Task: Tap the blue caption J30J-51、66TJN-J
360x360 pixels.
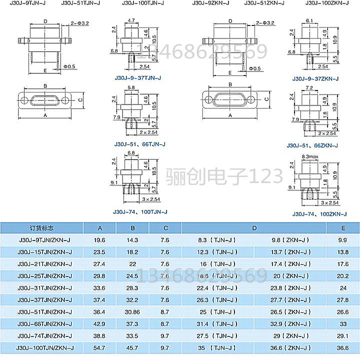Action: click(139, 144)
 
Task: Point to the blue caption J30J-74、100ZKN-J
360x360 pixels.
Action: click(319, 214)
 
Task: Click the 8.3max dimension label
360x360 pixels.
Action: click(309, 157)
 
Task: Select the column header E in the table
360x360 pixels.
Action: click(342, 228)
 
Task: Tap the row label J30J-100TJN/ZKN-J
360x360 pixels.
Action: click(45, 347)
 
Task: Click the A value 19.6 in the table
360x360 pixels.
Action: click(99, 240)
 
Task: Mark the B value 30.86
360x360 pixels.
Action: click(132, 311)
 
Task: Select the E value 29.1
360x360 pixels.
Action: click(342, 335)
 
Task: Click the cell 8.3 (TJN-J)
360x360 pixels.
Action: click(216, 240)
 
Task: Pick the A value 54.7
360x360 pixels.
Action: click(99, 347)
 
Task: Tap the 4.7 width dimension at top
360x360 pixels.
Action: click(131, 20)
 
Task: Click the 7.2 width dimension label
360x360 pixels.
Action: click(309, 87)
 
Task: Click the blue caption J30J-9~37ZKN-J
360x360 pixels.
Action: click(315, 78)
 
